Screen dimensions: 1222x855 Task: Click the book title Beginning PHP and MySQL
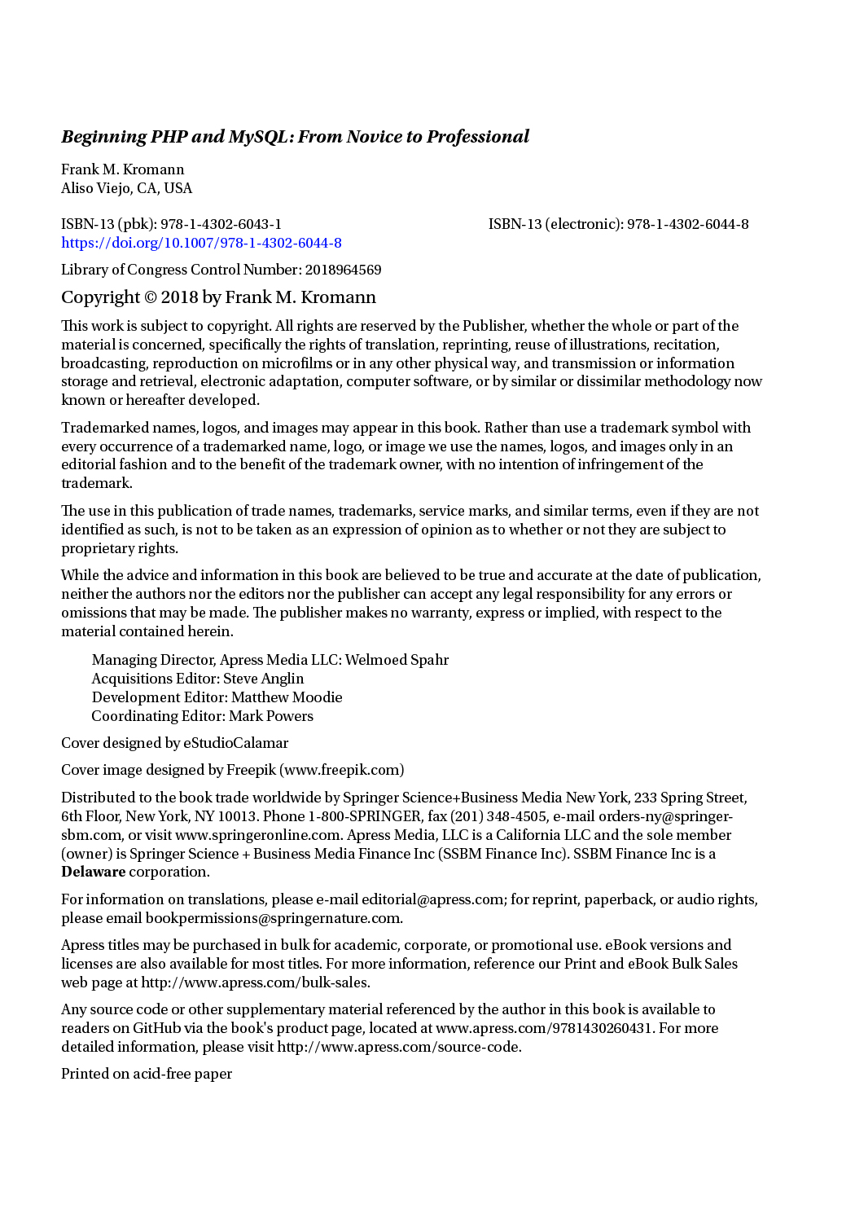(x=295, y=137)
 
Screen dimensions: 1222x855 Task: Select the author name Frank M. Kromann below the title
(x=123, y=169)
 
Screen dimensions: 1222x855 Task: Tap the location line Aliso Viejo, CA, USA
(x=127, y=188)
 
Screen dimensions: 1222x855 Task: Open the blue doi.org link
(x=201, y=243)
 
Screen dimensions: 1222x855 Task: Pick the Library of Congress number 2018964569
(x=343, y=270)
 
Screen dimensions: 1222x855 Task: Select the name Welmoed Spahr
(x=397, y=660)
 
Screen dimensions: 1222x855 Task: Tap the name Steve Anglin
(x=263, y=679)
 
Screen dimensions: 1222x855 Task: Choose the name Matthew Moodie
(x=287, y=697)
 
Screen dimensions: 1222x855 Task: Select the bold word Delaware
(x=94, y=872)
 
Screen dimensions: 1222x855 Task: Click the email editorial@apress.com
(x=432, y=899)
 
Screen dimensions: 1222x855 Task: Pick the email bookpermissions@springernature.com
(x=273, y=918)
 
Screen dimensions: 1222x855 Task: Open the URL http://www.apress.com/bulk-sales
(x=255, y=982)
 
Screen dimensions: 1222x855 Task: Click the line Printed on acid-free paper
(x=147, y=1074)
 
